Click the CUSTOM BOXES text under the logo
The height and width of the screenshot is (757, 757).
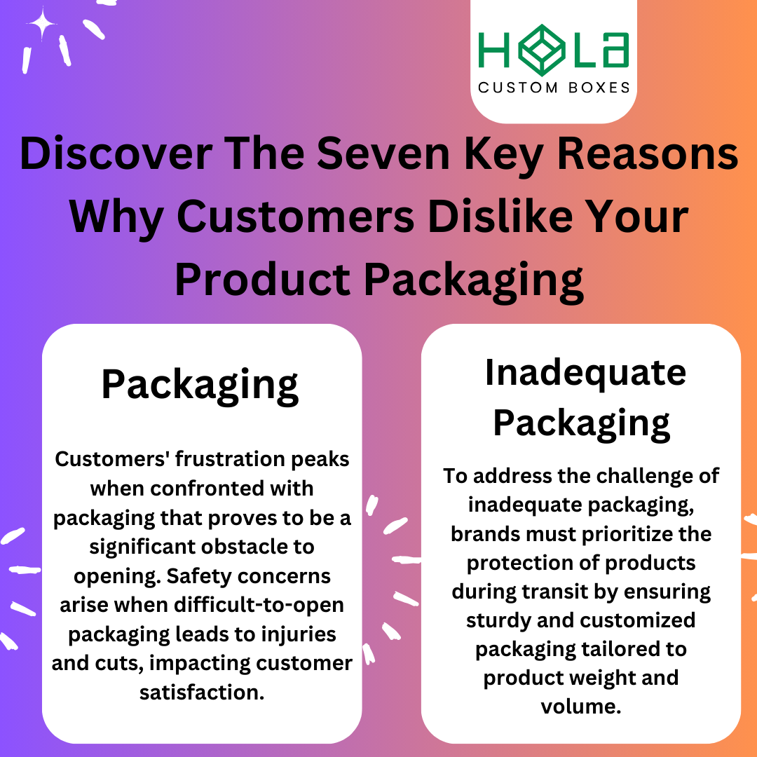[x=554, y=88]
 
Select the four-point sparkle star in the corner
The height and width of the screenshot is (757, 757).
[x=42, y=25]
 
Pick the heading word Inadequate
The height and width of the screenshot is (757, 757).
[x=585, y=373]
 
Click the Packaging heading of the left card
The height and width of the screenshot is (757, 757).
[x=200, y=385]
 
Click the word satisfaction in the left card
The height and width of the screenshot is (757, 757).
[x=202, y=673]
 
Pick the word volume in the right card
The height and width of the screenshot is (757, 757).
[x=580, y=707]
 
